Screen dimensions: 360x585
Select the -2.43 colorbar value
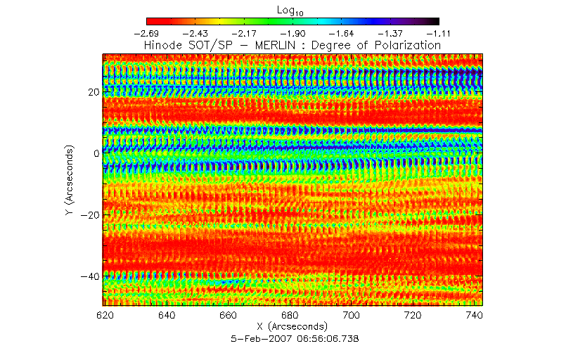195,33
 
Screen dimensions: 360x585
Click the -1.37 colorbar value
390,33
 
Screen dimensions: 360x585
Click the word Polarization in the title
405,45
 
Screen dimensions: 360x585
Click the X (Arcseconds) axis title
292,327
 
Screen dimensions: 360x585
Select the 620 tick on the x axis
105,316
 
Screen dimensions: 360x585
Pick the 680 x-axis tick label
290,316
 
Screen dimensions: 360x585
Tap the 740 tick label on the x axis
474,316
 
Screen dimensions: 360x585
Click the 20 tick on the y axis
91,92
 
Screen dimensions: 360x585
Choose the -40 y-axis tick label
89,275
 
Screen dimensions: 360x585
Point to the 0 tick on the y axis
95,153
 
